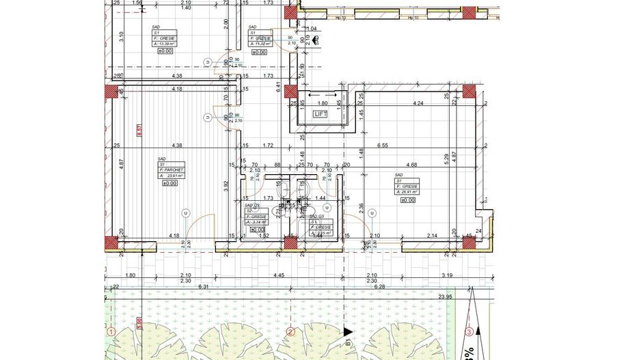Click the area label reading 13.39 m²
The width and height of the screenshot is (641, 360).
click(165, 43)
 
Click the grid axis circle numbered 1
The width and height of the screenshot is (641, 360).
click(111, 333)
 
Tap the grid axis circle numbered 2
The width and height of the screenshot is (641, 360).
click(290, 333)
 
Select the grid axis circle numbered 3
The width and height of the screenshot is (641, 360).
click(469, 333)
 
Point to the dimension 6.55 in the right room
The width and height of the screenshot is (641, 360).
click(383, 146)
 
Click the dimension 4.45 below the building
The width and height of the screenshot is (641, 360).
click(279, 275)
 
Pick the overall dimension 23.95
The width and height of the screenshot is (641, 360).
click(446, 296)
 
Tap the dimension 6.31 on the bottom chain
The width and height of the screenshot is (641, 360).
click(203, 287)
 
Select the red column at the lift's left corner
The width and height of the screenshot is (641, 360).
click(290, 92)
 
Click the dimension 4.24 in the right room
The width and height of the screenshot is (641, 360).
click(418, 104)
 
